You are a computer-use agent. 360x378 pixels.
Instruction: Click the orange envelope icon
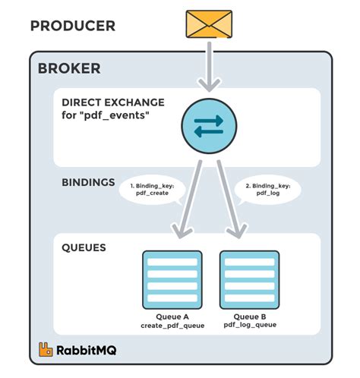click(x=209, y=24)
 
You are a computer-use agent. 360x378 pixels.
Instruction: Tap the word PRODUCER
click(x=73, y=26)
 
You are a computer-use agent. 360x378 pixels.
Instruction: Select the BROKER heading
click(x=69, y=68)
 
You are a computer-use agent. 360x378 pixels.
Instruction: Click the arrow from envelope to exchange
click(x=209, y=67)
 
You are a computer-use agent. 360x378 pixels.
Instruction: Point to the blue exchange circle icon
click(x=209, y=126)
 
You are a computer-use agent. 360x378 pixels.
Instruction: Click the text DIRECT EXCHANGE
click(x=113, y=102)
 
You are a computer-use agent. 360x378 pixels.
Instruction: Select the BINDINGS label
click(x=88, y=182)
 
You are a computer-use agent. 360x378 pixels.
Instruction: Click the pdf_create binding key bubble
click(x=152, y=190)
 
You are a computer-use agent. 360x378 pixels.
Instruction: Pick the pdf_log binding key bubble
click(x=268, y=190)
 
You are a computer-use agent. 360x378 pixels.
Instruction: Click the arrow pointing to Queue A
click(x=188, y=199)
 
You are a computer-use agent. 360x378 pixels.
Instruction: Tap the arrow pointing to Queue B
click(x=231, y=199)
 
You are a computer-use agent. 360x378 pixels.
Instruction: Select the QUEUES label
click(x=84, y=247)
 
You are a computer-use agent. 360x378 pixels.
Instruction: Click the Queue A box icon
click(x=172, y=280)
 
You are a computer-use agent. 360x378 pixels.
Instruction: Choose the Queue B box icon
click(x=250, y=280)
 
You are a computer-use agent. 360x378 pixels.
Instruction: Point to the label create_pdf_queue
click(x=172, y=326)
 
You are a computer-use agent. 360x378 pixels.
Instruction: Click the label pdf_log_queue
click(x=250, y=325)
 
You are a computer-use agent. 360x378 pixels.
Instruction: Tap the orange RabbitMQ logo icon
click(x=46, y=350)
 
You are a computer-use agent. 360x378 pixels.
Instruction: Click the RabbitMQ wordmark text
click(x=87, y=351)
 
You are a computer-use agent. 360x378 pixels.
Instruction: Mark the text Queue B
click(x=250, y=317)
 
